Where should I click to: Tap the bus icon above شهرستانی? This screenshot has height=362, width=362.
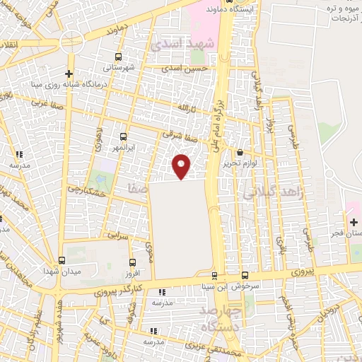117,57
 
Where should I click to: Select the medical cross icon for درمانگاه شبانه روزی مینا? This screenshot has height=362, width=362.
69,74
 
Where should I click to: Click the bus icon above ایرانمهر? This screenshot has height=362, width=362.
124,136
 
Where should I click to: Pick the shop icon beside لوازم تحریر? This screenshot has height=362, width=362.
240,152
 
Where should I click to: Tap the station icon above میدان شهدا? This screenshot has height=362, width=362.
62,260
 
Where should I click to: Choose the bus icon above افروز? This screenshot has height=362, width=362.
129,260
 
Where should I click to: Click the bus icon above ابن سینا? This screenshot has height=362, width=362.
214,275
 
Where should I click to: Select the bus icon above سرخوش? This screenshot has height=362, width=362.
245,275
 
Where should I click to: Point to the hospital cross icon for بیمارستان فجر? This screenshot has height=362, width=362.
353,223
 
